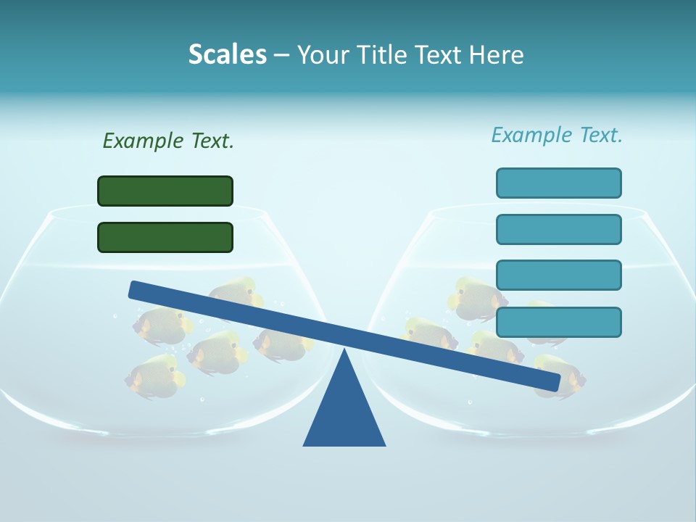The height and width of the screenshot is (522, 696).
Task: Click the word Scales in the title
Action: (x=228, y=54)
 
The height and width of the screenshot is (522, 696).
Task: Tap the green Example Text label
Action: (x=168, y=141)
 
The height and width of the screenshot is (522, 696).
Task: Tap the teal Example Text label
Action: (x=557, y=135)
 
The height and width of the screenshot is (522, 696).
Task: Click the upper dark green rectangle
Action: (x=165, y=191)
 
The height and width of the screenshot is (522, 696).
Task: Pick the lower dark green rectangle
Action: (x=165, y=237)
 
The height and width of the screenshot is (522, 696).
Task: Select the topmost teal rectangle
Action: (x=558, y=183)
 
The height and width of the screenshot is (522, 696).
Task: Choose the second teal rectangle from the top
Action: (x=558, y=229)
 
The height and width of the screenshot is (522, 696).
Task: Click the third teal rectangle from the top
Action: (x=558, y=275)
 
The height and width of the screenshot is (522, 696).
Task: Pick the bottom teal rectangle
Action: (x=558, y=322)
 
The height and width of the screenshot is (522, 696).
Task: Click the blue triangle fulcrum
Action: (x=344, y=413)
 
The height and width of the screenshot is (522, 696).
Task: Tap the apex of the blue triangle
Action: (x=344, y=352)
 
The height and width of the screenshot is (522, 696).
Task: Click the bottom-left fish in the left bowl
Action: (x=154, y=377)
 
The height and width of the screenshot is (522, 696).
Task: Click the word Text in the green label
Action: (x=212, y=141)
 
